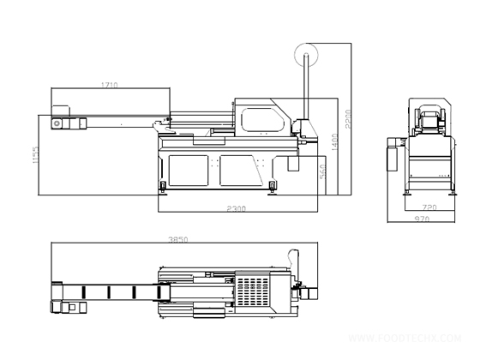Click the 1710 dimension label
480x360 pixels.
110,85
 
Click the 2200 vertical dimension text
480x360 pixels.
347,115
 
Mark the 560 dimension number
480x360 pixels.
322,171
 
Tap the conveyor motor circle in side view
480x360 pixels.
57,124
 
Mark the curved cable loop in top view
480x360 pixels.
296,257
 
